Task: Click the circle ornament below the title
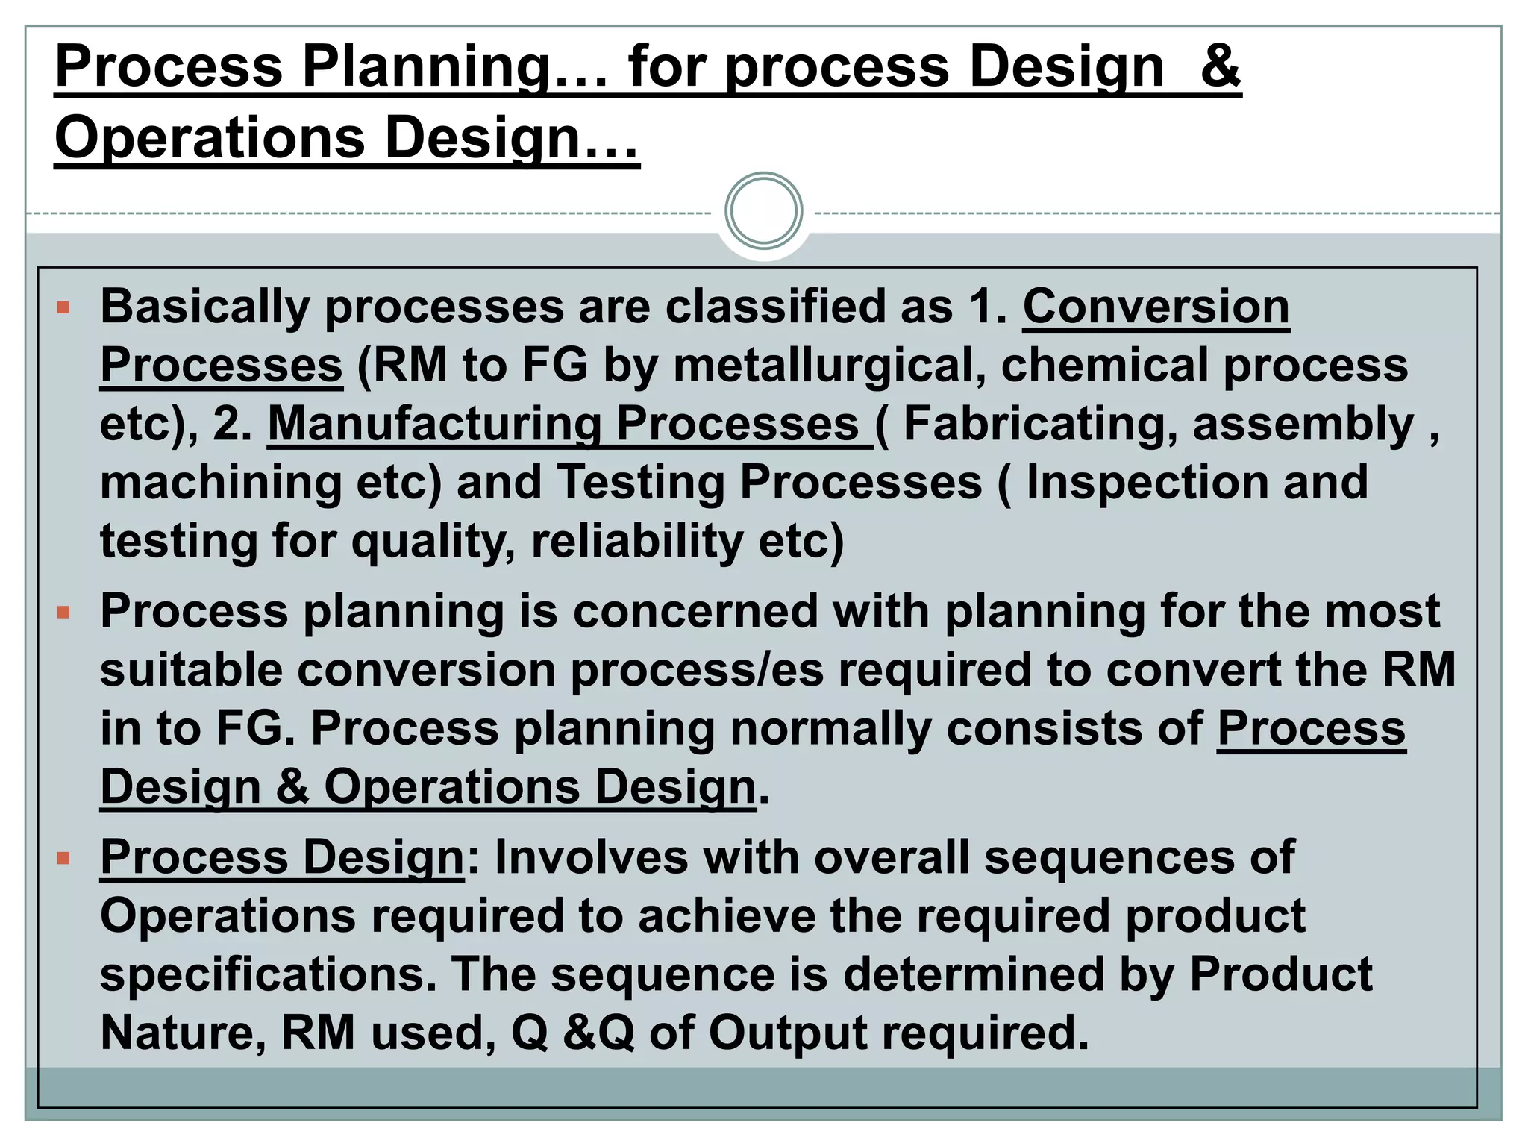tap(763, 211)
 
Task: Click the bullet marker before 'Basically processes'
tap(63, 307)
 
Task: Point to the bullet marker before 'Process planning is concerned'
tap(63, 613)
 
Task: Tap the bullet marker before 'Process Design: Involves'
tap(63, 858)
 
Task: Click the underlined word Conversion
tap(1156, 307)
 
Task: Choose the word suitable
tap(191, 670)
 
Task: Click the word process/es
tap(698, 670)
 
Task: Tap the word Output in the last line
tap(787, 1033)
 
